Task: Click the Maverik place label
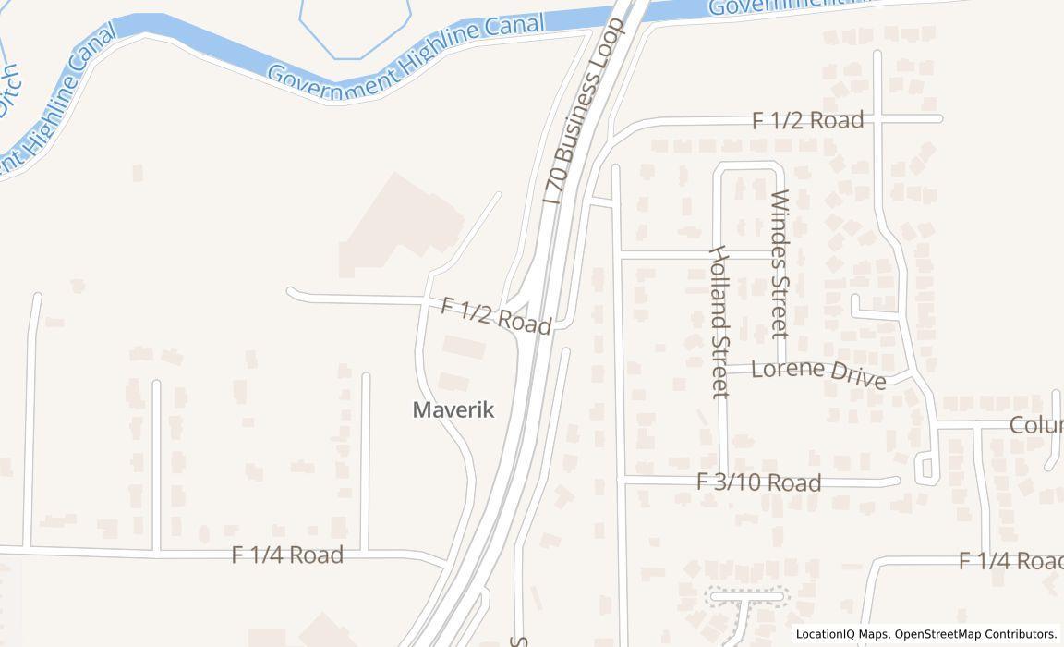click(x=453, y=410)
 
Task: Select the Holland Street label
click(x=719, y=322)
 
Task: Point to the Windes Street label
click(x=780, y=263)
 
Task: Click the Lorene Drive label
click(x=818, y=372)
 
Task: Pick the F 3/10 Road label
click(x=758, y=482)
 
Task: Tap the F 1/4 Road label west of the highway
click(x=287, y=555)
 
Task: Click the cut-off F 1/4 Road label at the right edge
click(x=1010, y=561)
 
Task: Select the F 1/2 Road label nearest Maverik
click(x=496, y=315)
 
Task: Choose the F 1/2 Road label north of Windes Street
click(x=807, y=120)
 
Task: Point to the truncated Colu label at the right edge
click(x=1035, y=425)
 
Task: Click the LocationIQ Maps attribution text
click(x=843, y=634)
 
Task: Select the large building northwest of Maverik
click(x=399, y=226)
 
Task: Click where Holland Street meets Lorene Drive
click(x=723, y=368)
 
